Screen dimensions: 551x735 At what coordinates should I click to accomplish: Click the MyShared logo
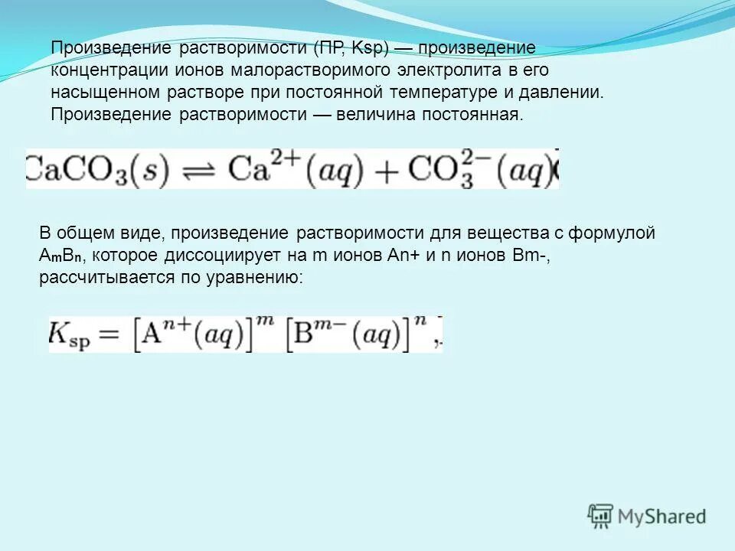(x=647, y=516)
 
